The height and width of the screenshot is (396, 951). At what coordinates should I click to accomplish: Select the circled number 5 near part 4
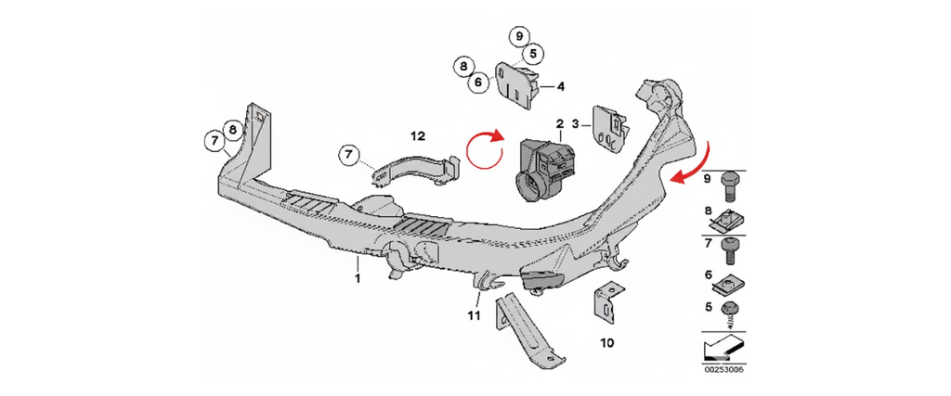point(532,54)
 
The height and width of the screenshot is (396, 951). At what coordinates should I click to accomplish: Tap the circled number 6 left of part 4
point(478,82)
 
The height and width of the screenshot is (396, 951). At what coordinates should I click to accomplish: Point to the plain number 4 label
point(561,87)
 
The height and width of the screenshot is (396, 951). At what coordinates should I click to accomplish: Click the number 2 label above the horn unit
point(560,123)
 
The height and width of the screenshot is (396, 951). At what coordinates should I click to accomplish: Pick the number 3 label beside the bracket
point(576,123)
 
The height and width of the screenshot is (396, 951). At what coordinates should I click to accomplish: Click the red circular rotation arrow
point(482,151)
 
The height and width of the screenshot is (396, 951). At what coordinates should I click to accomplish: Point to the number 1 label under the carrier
point(356,277)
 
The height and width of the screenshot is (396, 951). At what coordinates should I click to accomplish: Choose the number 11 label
point(474,316)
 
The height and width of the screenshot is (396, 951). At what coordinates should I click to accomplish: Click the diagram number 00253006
point(723,370)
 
